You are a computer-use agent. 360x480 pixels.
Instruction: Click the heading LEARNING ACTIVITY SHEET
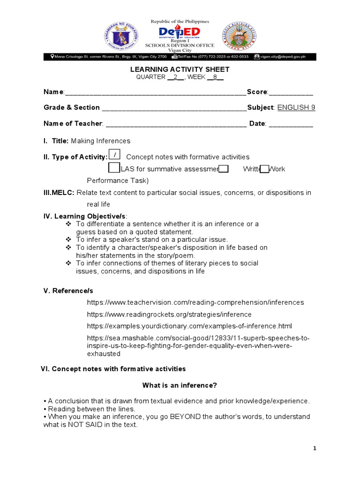tap(180, 69)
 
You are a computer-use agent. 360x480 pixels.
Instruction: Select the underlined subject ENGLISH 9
tap(296, 107)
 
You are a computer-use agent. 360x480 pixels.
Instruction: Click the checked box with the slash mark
tap(115, 155)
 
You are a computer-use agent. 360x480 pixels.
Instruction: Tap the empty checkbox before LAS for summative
tap(114, 168)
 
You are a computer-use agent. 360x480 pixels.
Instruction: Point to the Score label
tap(257, 92)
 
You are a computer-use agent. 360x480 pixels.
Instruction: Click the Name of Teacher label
tap(73, 124)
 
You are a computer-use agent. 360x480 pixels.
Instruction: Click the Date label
tap(257, 124)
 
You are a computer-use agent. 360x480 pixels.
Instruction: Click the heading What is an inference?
tap(180, 385)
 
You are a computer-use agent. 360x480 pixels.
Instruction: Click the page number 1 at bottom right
tap(315, 449)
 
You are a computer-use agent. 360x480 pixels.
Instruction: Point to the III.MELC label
tap(59, 193)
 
